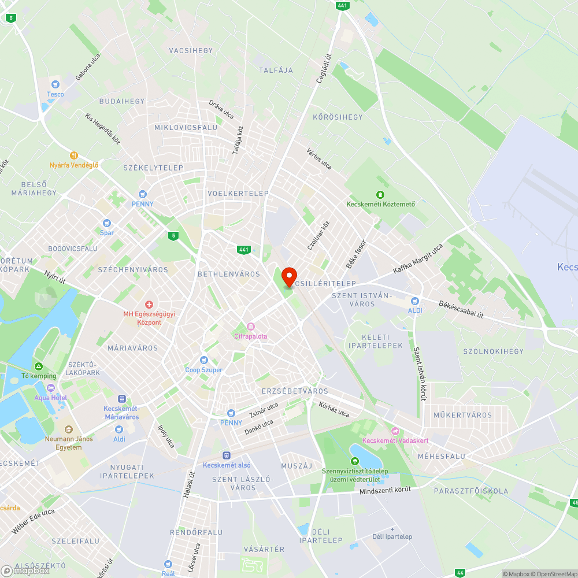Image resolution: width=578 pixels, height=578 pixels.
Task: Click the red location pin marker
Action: click(x=288, y=276)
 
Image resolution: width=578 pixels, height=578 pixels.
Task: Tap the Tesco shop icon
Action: click(x=55, y=84)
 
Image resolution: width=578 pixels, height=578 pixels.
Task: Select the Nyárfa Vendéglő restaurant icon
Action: click(x=74, y=155)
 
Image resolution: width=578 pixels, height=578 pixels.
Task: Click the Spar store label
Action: click(x=106, y=233)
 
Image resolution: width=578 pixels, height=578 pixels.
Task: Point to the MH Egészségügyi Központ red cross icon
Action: click(x=149, y=304)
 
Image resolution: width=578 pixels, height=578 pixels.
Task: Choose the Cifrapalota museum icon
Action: click(x=250, y=327)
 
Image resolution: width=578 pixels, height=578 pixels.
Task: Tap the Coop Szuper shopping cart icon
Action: click(x=203, y=360)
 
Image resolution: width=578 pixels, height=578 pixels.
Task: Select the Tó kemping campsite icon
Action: click(x=38, y=366)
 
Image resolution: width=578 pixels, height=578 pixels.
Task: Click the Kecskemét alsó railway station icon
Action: click(x=227, y=455)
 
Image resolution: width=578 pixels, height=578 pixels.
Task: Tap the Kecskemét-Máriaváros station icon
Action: click(x=121, y=398)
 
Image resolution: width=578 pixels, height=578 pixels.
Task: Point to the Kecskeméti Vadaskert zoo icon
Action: click(x=395, y=431)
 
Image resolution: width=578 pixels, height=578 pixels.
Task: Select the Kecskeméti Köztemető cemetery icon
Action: click(x=380, y=194)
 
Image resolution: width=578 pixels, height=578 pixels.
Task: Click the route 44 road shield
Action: click(x=460, y=573)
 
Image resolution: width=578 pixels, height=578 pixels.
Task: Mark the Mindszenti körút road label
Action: click(x=385, y=490)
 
